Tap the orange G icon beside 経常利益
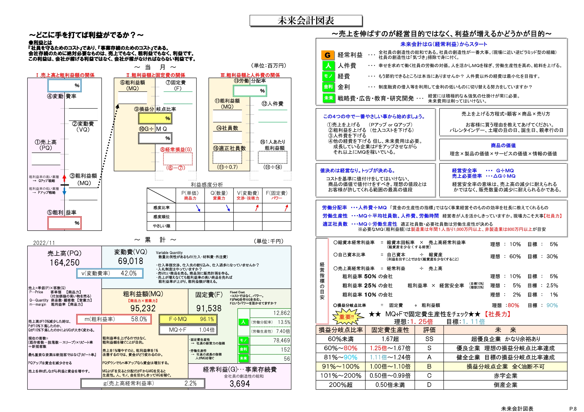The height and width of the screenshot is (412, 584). [328, 55]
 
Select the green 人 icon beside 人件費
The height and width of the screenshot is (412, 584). [328, 66]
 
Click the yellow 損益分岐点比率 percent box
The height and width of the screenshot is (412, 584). [155, 118]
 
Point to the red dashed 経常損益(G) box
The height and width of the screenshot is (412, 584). [178, 159]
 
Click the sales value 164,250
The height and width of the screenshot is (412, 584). [65, 262]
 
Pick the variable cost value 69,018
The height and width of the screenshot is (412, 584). [130, 261]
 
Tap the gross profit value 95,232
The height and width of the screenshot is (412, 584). [143, 308]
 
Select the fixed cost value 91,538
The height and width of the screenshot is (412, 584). [209, 308]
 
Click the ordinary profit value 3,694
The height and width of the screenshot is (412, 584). [240, 384]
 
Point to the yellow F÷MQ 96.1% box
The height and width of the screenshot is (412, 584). [188, 319]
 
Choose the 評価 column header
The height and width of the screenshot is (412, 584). [429, 330]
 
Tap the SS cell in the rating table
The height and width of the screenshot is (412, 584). [429, 339]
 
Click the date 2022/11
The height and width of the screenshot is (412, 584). [44, 243]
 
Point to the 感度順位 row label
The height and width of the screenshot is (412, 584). [161, 217]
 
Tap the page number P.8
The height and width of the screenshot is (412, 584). [573, 409]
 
